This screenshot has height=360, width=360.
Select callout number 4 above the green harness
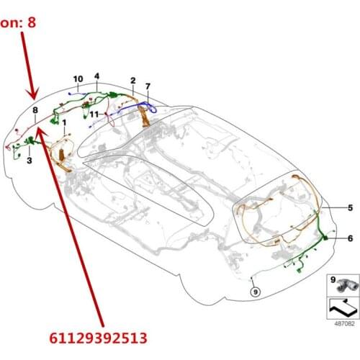tap(96, 76)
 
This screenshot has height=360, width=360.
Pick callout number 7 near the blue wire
tap(148, 87)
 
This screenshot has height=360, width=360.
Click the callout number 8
tap(35, 109)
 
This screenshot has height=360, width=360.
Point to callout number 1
tap(64, 123)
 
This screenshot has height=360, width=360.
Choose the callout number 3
tap(30, 162)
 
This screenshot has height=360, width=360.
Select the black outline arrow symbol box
tap(341, 307)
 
